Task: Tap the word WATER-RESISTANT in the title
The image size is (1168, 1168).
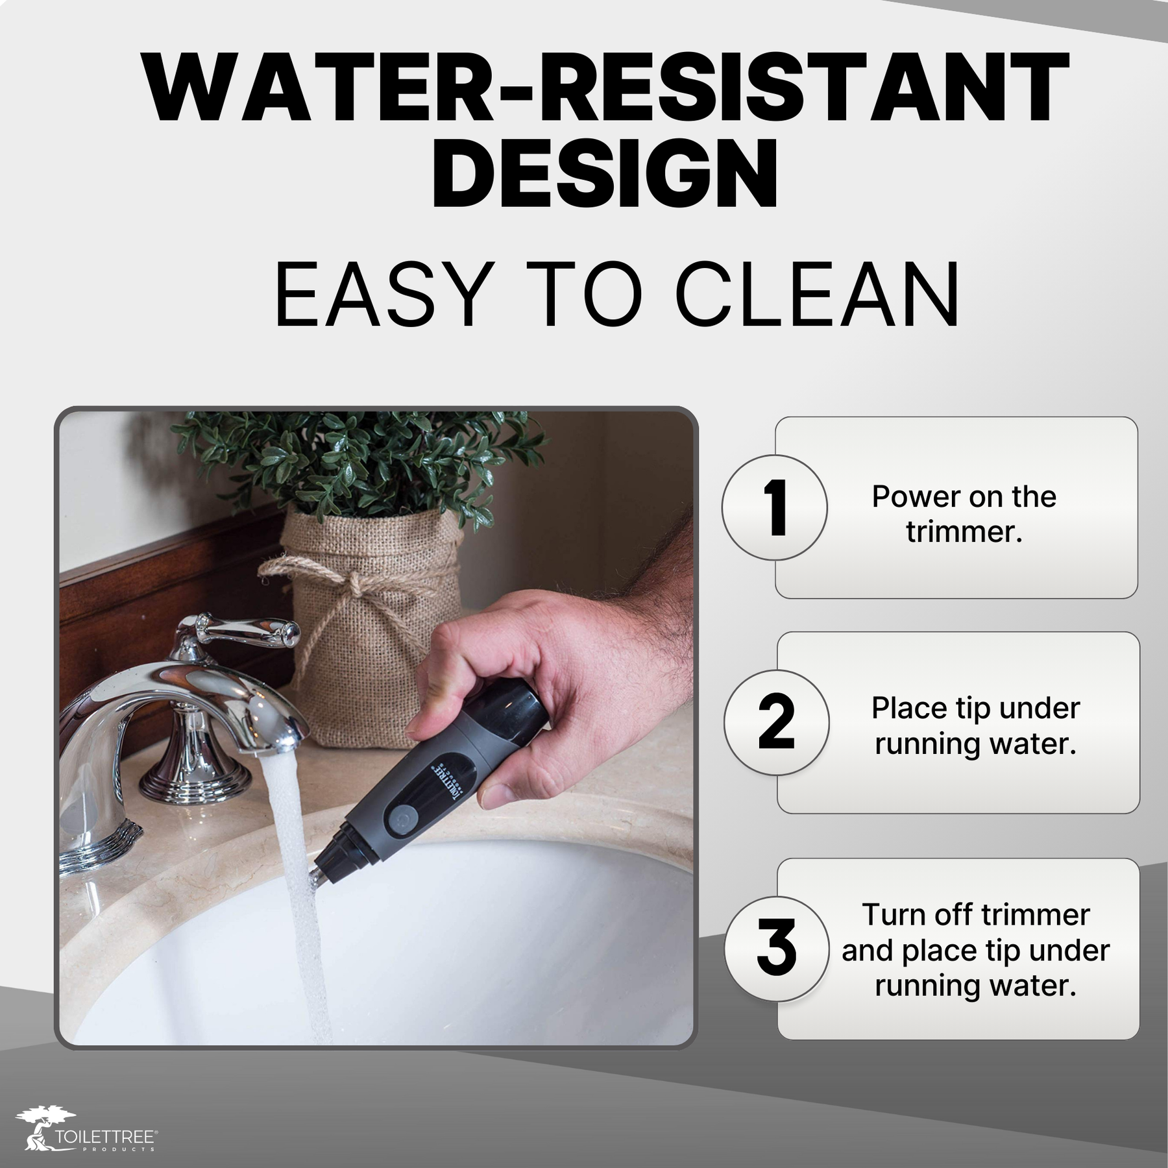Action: [x=605, y=87]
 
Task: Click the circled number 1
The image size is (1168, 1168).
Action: [x=775, y=507]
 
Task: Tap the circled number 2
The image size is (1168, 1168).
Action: [x=776, y=722]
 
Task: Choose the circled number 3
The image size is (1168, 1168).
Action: [x=776, y=949]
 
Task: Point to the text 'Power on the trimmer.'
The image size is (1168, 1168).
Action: [x=964, y=515]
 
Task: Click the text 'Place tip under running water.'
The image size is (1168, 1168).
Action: [x=975, y=725]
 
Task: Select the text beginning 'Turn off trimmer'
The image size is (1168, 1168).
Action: [x=975, y=951]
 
